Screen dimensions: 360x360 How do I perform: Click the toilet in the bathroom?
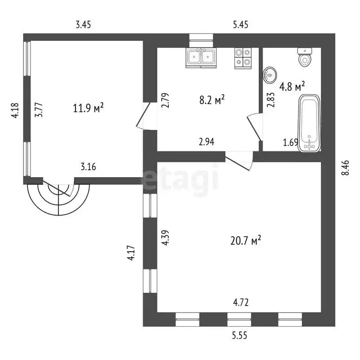[305, 57]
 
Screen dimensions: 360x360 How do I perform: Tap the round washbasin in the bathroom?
[270, 75]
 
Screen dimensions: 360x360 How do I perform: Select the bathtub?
[309, 123]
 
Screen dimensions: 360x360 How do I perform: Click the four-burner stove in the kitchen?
[243, 58]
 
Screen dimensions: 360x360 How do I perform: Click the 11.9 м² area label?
[89, 108]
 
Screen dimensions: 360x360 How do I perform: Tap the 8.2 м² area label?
[212, 100]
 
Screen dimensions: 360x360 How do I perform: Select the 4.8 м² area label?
[292, 86]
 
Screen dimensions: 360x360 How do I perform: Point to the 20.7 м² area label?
[246, 241]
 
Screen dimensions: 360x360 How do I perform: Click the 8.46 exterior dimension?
[345, 168]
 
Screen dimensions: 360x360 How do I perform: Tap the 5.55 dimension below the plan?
[240, 336]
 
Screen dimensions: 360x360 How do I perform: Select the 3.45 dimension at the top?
[83, 24]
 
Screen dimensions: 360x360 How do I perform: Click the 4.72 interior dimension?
[241, 302]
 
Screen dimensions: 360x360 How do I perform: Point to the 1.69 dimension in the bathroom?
[291, 142]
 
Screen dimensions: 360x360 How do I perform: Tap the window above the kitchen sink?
[201, 37]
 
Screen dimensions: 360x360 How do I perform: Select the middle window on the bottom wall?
[239, 319]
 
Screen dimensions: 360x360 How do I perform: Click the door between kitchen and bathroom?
[255, 127]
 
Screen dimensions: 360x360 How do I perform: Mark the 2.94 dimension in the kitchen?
[207, 142]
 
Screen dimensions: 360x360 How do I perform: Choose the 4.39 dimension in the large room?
[165, 238]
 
